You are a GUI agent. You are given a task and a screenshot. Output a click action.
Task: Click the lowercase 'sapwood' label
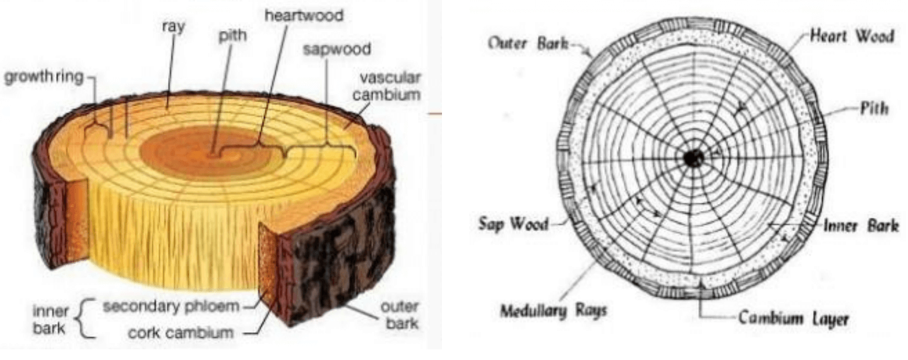[336, 49]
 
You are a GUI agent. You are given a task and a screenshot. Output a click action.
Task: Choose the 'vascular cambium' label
[390, 87]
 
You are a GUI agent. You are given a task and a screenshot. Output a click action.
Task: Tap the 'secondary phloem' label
[171, 308]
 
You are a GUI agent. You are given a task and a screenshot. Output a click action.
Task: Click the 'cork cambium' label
[180, 332]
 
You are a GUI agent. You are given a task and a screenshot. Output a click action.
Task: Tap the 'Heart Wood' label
[851, 36]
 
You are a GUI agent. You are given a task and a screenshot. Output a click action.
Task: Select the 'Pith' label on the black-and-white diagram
[873, 109]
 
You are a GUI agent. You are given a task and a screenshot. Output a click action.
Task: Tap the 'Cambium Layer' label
[794, 319]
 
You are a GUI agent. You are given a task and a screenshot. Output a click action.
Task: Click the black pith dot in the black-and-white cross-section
[693, 159]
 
